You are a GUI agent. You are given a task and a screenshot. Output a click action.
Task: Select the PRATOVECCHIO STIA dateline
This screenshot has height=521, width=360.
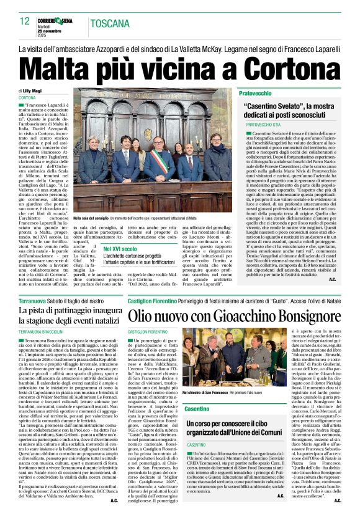pos(264,124)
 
